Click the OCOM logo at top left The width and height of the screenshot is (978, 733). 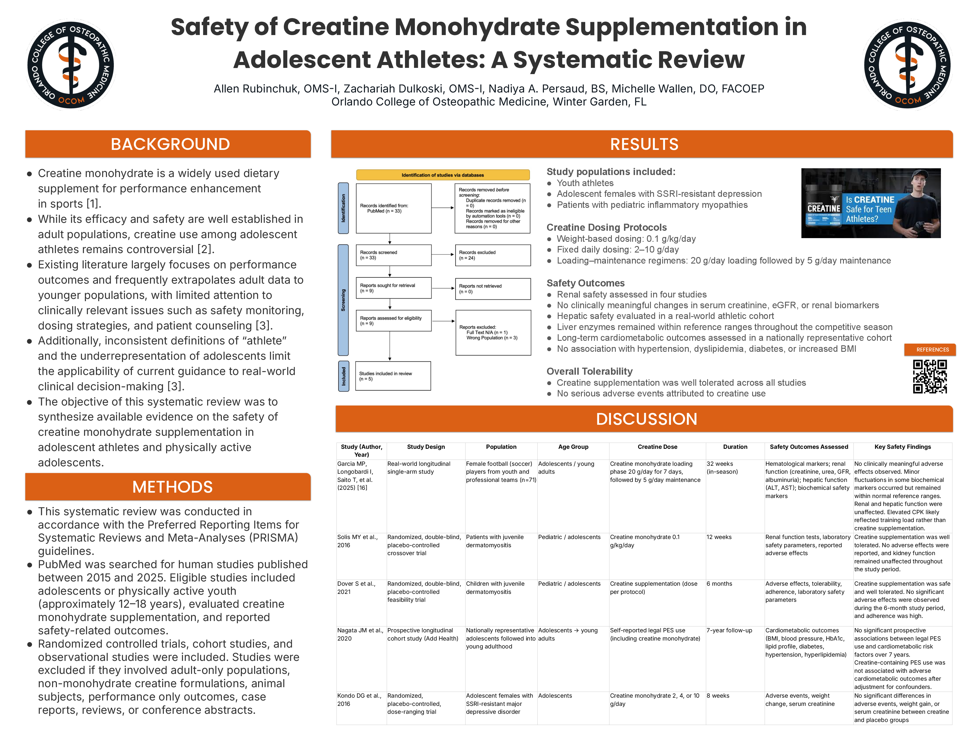point(71,65)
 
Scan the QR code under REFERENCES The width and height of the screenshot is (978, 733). point(930,376)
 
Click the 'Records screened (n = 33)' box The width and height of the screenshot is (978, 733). point(393,255)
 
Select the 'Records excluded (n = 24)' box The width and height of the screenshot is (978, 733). point(492,255)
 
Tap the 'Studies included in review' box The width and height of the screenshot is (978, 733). point(393,376)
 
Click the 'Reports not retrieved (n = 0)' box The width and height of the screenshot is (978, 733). point(492,288)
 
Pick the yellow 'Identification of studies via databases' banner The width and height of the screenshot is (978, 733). point(443,175)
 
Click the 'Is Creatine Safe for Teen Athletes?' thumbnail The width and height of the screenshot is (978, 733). point(870,203)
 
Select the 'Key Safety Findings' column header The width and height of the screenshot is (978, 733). point(902,447)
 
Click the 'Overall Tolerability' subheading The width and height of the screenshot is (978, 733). point(589,371)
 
